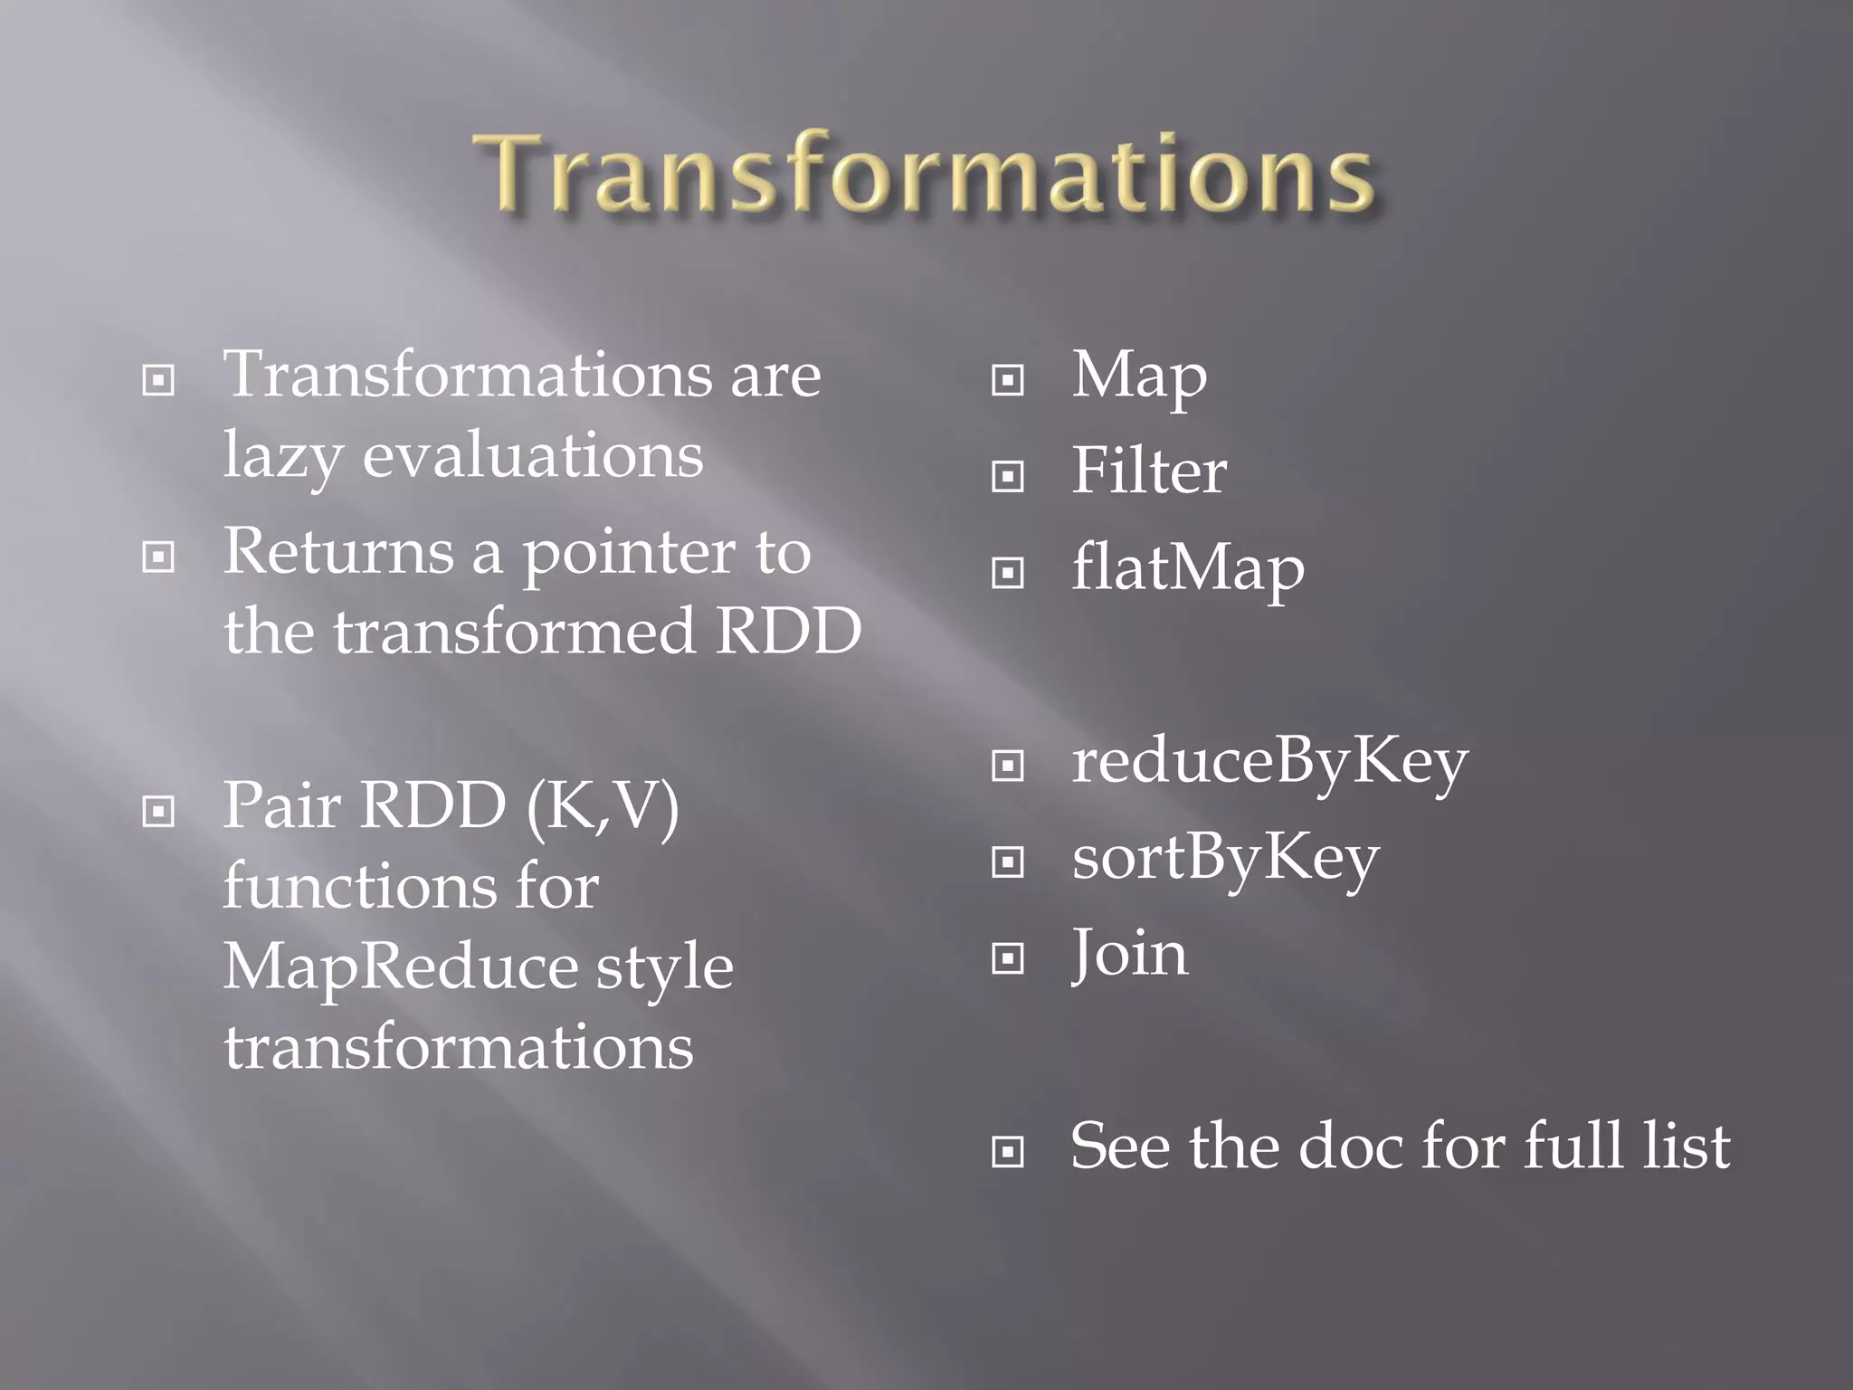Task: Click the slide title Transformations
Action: [x=925, y=172]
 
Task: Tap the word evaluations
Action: [x=532, y=455]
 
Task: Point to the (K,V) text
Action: [x=603, y=805]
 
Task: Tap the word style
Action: [x=664, y=968]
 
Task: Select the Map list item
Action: [x=1138, y=376]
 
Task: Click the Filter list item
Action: [x=1148, y=471]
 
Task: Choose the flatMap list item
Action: [x=1187, y=569]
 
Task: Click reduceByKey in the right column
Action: [x=1269, y=762]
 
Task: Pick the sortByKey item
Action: [x=1225, y=858]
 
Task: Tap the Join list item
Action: [x=1129, y=954]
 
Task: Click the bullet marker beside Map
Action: [x=1007, y=380]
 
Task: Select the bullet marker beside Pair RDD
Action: [x=158, y=811]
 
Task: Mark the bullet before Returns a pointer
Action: [x=158, y=557]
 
